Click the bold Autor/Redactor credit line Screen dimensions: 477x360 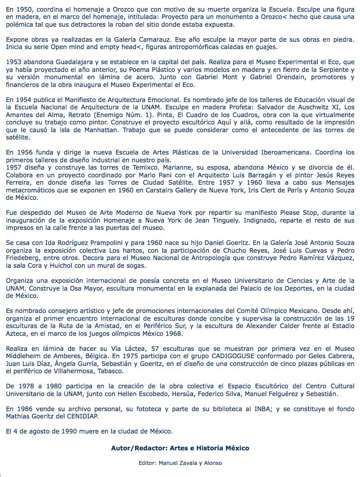[x=180, y=448]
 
